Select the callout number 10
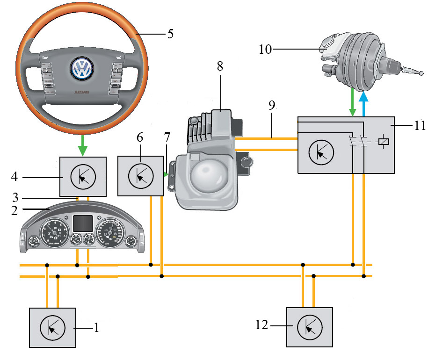265,49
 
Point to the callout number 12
261,324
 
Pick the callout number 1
96,328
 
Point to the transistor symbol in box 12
309,327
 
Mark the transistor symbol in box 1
52,327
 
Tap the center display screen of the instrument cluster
82,223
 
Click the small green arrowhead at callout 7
166,174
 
